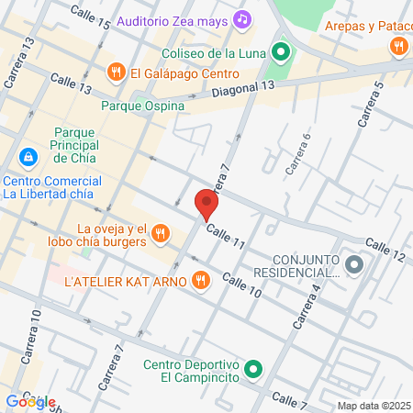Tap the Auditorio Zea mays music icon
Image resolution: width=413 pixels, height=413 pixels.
(x=242, y=17)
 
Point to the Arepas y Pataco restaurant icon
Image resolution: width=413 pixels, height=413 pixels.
(x=397, y=45)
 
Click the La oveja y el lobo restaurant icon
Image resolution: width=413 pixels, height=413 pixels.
(x=160, y=233)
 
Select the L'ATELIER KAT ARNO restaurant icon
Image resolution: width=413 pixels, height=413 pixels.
(x=199, y=281)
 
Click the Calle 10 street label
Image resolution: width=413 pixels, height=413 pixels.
(x=241, y=286)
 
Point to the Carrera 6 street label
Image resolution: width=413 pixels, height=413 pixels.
(x=299, y=154)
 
